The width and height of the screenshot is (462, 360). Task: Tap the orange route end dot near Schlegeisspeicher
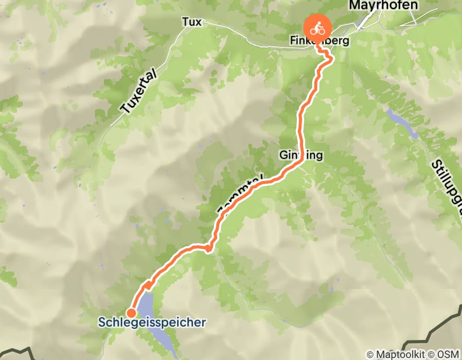(131, 313)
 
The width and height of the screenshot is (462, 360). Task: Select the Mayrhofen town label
(384, 6)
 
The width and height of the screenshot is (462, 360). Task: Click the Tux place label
(191, 22)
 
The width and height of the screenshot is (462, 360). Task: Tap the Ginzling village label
(301, 155)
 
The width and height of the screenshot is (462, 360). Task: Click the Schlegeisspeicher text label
(152, 323)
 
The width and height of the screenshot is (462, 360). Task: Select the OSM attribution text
(448, 354)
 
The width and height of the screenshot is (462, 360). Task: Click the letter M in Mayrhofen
(355, 6)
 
